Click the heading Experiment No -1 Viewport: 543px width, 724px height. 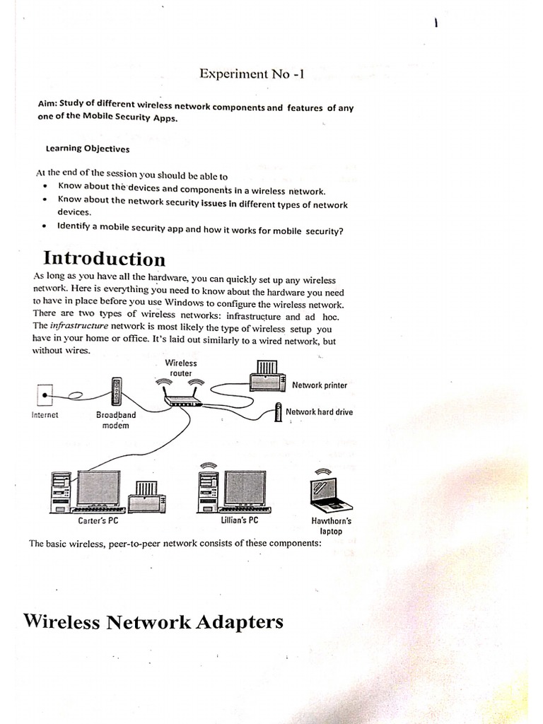click(x=251, y=74)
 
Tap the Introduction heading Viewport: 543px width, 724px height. click(x=105, y=259)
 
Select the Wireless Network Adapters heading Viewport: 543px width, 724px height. click(x=153, y=621)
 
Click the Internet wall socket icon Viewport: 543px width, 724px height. click(x=45, y=393)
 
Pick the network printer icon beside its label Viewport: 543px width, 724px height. click(x=268, y=375)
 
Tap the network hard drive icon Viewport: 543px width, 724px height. click(x=279, y=414)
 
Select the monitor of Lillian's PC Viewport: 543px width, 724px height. click(x=245, y=488)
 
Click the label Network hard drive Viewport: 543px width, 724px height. click(x=319, y=411)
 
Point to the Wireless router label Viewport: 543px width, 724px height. click(x=181, y=368)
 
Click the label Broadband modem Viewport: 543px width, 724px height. click(x=116, y=421)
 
